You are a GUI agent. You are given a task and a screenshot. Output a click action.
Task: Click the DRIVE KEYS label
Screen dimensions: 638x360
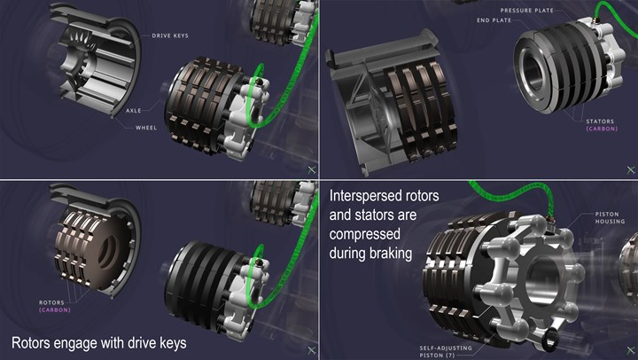170,35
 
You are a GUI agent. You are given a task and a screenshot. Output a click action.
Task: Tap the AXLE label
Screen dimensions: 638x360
134,110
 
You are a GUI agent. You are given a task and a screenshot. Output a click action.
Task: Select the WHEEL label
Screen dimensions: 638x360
146,128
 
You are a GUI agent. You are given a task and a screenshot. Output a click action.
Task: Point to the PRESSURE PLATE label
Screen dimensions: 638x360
527,11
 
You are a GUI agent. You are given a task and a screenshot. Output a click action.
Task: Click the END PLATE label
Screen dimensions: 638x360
494,20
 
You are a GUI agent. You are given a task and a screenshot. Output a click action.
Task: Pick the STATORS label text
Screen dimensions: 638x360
600,121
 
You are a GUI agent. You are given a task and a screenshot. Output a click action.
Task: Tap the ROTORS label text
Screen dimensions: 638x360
51,302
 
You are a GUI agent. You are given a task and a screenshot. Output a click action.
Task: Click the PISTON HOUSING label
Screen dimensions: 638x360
610,217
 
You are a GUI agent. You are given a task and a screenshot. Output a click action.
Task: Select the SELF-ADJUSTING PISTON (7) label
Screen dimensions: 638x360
446,351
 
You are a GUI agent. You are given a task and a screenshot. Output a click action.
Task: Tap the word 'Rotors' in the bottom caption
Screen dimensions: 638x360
31,343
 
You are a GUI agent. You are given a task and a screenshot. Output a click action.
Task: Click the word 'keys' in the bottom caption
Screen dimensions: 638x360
173,343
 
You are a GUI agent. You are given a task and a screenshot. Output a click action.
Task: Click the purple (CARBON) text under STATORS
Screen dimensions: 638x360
602,129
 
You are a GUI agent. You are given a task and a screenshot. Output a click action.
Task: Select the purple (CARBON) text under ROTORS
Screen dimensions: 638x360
55,310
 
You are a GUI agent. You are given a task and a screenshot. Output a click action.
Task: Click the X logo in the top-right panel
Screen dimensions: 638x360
631,170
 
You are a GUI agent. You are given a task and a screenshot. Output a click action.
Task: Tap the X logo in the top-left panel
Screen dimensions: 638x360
312,170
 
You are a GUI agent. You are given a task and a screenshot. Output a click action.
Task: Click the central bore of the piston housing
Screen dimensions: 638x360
543,276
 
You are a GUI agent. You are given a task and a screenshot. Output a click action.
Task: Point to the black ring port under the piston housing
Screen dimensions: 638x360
550,339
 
